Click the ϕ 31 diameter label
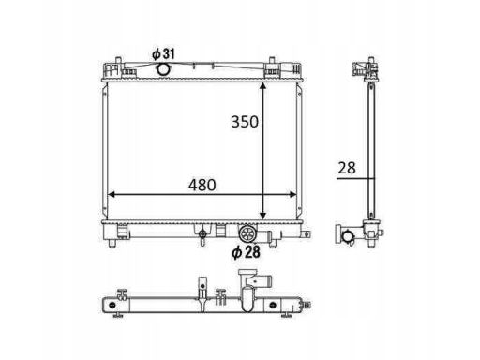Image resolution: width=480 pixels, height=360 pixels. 163,53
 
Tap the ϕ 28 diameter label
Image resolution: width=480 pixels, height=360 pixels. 246,252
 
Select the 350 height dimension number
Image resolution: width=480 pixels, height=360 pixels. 245,122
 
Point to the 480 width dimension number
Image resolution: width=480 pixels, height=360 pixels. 202,185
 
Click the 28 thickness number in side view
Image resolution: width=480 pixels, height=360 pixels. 347,168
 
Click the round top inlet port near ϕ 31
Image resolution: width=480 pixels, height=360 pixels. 162,68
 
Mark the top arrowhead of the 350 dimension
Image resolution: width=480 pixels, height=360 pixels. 263,86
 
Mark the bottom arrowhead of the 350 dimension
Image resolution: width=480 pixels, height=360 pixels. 263,216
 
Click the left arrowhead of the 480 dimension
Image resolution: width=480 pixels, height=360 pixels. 112,195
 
